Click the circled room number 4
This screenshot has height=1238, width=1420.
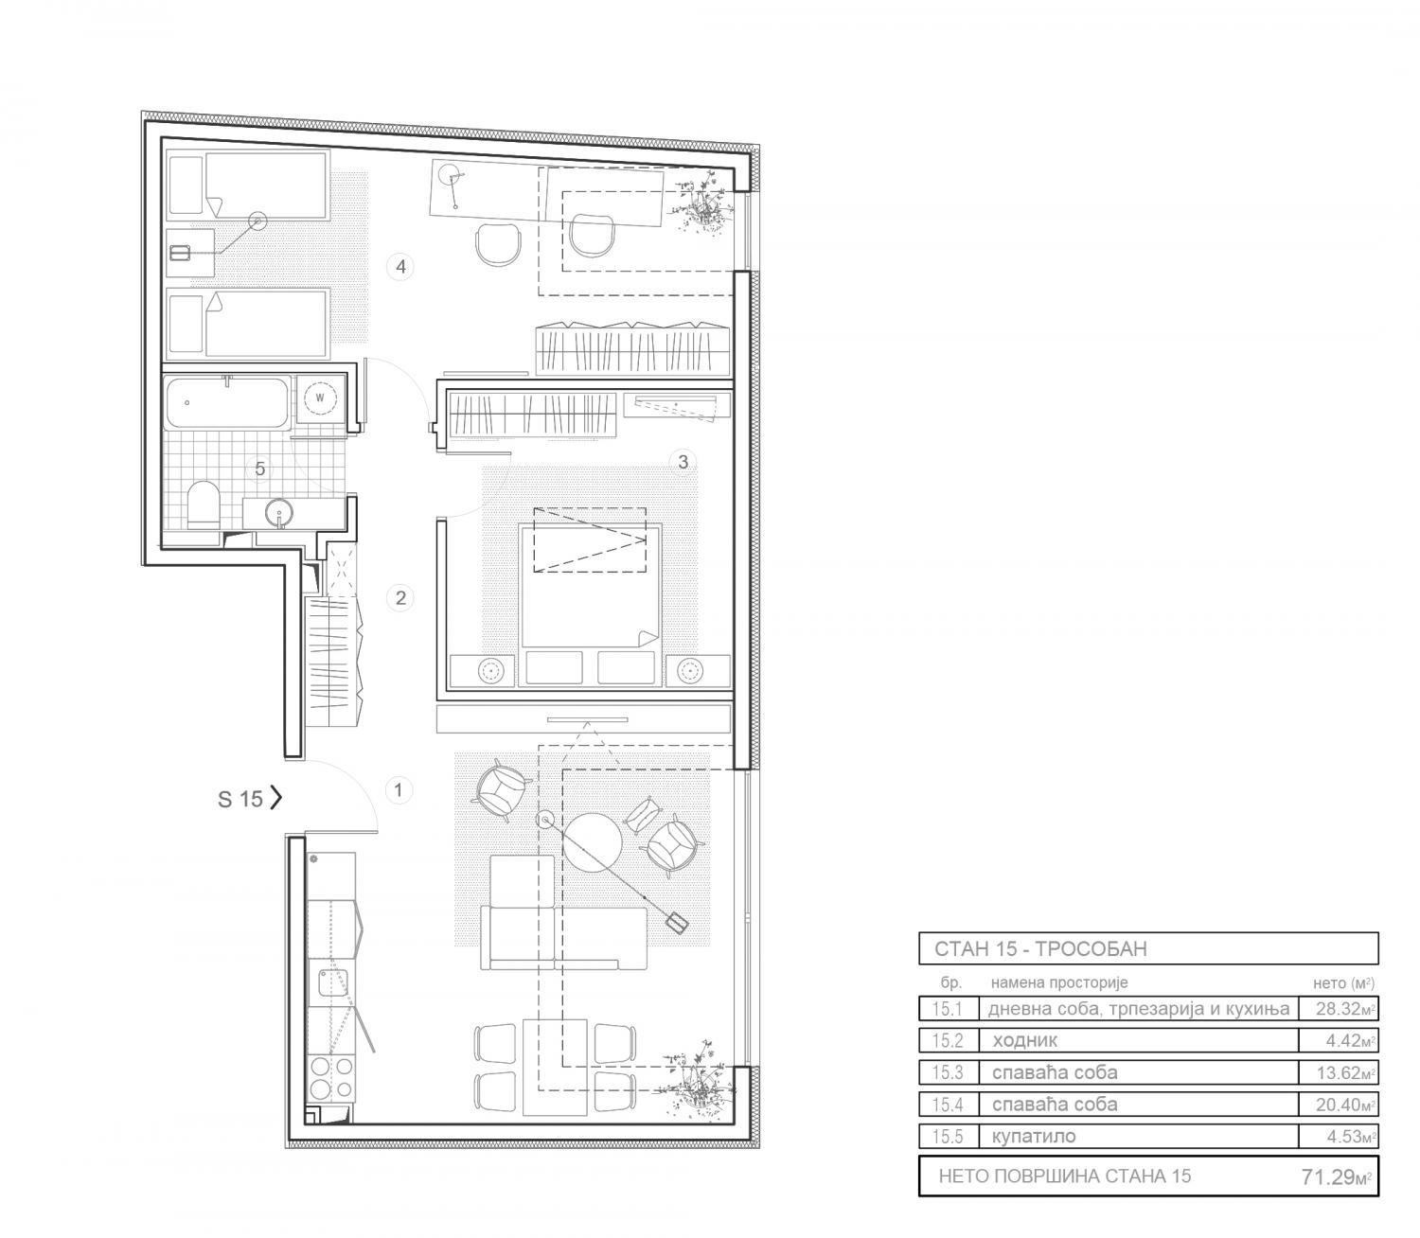(x=400, y=267)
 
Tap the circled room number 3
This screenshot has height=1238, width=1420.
(x=683, y=462)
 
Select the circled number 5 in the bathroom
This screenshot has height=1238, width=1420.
(x=259, y=469)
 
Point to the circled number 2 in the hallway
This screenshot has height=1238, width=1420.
(x=400, y=597)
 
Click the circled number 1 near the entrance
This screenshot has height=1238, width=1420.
(x=399, y=789)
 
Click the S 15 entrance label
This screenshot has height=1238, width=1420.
(x=240, y=799)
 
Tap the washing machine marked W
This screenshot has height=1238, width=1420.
(x=320, y=398)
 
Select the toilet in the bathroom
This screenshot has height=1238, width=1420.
(x=204, y=504)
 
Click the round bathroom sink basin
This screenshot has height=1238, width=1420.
(x=279, y=514)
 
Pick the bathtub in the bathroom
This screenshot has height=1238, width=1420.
(x=227, y=402)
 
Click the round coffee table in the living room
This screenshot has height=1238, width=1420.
(x=592, y=841)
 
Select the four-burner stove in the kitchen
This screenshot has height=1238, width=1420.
(x=331, y=1078)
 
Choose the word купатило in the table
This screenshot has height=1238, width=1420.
(x=1034, y=1137)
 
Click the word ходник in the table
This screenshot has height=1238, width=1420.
(x=1025, y=1040)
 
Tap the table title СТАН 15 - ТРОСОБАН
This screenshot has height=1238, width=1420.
(x=1040, y=948)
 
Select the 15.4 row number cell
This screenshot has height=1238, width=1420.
(x=948, y=1104)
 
